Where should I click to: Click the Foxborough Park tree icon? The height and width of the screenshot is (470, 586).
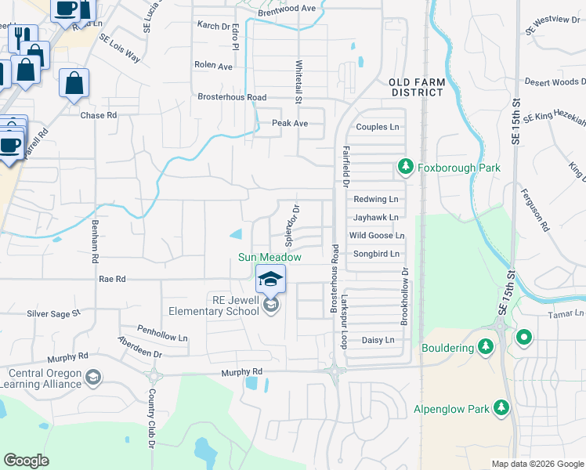[406, 167]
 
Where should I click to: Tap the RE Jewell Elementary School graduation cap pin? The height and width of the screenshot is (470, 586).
[270, 279]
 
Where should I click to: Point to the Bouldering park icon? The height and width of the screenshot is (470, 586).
[486, 346]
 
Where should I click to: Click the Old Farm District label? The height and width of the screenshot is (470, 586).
[418, 87]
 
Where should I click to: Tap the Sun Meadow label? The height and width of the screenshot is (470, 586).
[269, 256]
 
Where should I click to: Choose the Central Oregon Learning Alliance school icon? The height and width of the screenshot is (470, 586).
[93, 378]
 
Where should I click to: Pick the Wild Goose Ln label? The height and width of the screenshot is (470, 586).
[377, 235]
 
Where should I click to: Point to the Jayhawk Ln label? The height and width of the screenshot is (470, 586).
[376, 217]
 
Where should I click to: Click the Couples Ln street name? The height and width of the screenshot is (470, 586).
[378, 127]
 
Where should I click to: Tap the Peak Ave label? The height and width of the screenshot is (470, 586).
[290, 123]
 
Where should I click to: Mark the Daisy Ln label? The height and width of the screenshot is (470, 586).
[377, 340]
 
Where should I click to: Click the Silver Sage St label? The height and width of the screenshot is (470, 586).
[54, 313]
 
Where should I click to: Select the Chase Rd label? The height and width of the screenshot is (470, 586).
[99, 115]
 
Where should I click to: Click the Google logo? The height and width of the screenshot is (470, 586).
[27, 460]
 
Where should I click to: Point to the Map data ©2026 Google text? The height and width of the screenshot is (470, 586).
[537, 464]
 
